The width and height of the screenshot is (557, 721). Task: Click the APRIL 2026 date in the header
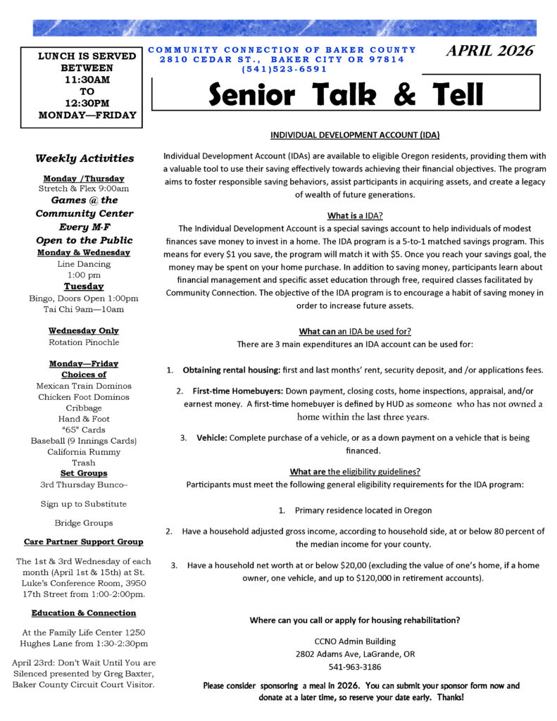click(490, 51)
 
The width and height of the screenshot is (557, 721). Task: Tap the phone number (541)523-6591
click(284, 69)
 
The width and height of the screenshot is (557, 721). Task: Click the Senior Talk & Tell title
click(346, 94)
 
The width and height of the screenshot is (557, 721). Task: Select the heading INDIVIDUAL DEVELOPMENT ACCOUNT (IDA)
click(355, 134)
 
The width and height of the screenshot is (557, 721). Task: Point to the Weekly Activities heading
click(85, 158)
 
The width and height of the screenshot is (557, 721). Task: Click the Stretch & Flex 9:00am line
click(84, 189)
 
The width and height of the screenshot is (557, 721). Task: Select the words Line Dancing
click(84, 263)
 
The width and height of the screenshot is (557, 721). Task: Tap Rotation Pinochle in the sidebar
click(84, 342)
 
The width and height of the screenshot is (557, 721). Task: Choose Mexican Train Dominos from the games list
click(84, 386)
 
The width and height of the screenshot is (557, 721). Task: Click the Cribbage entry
click(84, 408)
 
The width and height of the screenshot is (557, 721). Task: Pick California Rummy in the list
click(84, 451)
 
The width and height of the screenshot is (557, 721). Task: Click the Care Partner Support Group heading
click(84, 541)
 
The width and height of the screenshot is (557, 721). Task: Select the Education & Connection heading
click(84, 613)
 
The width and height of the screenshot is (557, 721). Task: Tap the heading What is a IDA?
click(355, 215)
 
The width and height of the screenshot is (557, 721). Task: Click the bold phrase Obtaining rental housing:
click(231, 370)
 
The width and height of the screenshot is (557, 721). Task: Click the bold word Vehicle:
click(211, 438)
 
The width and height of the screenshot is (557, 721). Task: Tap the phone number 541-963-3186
click(355, 666)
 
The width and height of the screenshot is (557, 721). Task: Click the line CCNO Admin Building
click(355, 641)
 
